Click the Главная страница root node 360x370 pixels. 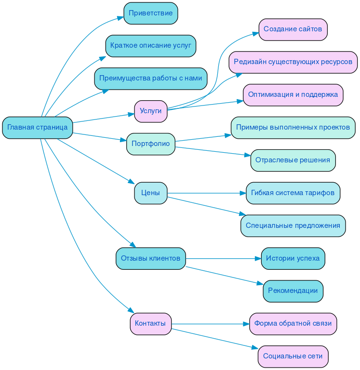click(38, 128)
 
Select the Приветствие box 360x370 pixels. click(151, 13)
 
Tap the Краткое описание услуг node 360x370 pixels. click(151, 46)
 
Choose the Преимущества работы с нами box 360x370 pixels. click(151, 79)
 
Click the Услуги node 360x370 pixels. click(151, 111)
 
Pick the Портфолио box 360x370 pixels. click(151, 144)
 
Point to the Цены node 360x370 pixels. click(151, 193)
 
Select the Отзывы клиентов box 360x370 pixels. click(151, 259)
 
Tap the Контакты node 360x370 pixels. click(151, 324)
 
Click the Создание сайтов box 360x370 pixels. click(293, 30)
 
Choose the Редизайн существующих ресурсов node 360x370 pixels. click(293, 62)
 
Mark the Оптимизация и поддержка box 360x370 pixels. click(293, 95)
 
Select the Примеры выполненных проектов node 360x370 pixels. click(293, 128)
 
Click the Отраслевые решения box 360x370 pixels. click(293, 160)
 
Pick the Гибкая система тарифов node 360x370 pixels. click(293, 193)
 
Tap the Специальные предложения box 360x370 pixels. click(293, 226)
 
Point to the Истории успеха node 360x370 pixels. click(293, 259)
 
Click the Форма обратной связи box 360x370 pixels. click(293, 324)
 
